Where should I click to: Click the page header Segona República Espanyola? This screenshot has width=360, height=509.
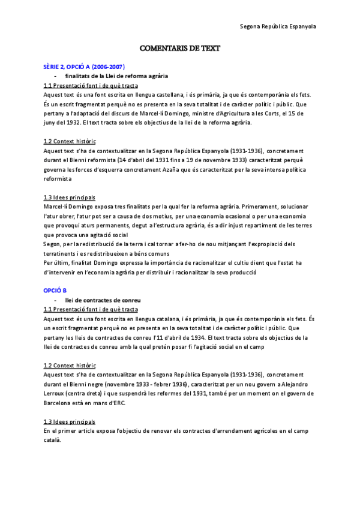click(278, 27)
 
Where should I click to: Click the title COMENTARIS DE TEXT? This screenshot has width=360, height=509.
click(179, 48)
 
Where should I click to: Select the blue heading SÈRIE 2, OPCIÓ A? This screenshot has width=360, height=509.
click(84, 66)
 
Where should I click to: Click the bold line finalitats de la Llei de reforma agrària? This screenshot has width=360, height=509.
click(116, 76)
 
